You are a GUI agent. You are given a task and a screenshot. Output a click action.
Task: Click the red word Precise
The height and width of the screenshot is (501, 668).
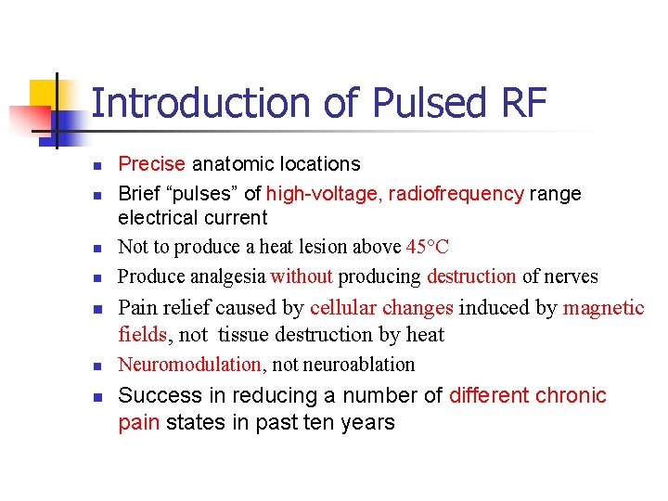pyautogui.click(x=152, y=164)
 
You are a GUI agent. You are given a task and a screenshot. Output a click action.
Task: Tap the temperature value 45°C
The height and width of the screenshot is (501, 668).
pyautogui.click(x=428, y=247)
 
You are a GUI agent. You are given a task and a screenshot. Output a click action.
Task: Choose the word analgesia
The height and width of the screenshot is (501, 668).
pyautogui.click(x=228, y=276)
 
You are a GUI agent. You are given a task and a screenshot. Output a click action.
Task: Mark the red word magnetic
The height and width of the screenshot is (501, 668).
pyautogui.click(x=603, y=308)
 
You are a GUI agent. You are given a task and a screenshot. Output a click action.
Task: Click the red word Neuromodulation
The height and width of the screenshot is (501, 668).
pyautogui.click(x=189, y=365)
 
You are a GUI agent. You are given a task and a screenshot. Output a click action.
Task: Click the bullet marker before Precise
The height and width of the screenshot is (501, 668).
pyautogui.click(x=96, y=166)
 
